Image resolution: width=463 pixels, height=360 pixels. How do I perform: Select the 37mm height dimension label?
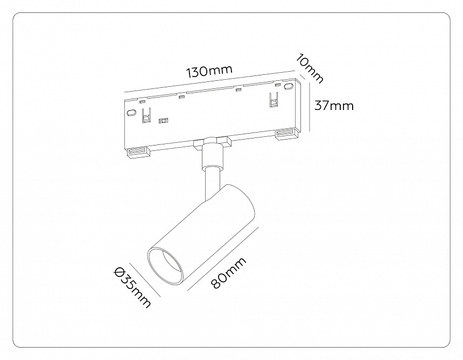coord(334,106)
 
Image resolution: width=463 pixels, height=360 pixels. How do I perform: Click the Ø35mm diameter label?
coord(132,287)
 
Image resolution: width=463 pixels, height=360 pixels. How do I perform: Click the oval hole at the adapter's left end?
coord(131,112)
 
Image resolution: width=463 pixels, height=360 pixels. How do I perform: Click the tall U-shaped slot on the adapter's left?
coord(145,115)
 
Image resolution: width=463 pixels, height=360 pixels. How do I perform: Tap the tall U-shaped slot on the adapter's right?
coord(273,100)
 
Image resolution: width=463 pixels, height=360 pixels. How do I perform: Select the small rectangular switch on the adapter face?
coord(163,121)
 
